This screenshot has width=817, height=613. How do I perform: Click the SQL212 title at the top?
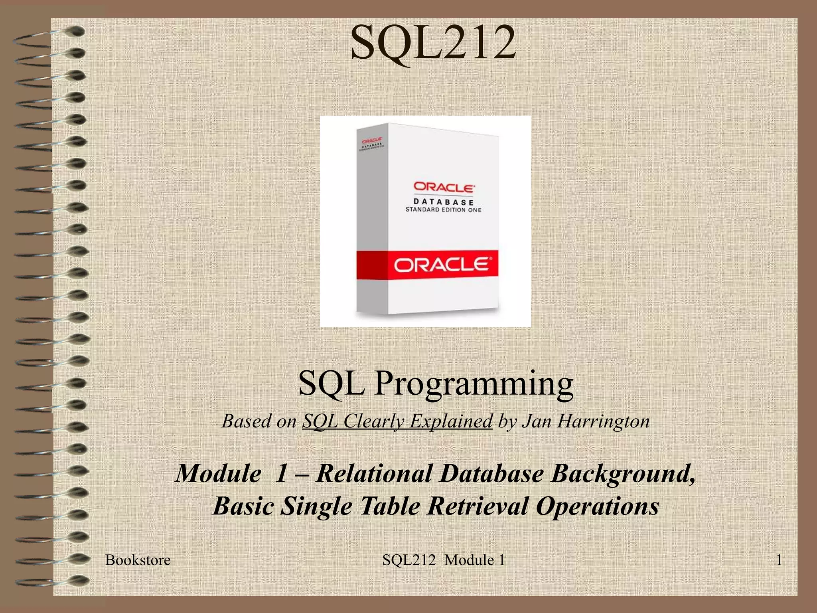click(433, 43)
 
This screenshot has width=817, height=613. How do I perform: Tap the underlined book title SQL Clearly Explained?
click(397, 421)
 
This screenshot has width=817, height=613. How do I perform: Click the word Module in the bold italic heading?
click(218, 473)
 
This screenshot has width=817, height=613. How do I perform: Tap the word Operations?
click(597, 507)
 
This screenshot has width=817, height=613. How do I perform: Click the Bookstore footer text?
click(138, 560)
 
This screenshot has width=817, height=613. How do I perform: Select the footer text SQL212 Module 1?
click(444, 560)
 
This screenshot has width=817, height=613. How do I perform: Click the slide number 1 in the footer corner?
click(778, 560)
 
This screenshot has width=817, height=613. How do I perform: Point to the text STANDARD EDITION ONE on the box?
click(443, 210)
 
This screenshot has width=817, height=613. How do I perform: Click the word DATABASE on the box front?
click(443, 202)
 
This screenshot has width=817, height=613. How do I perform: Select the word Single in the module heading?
click(316, 507)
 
